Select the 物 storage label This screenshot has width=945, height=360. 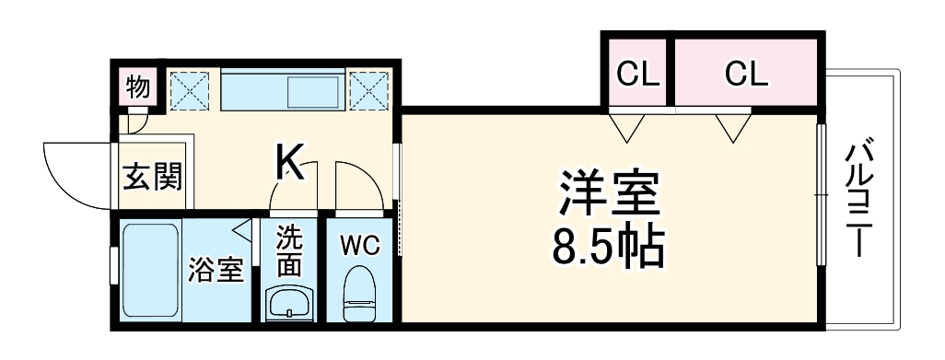point(138,88)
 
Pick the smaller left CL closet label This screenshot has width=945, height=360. point(638,74)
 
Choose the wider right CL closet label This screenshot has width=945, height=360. point(745,74)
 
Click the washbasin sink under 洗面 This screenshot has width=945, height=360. point(289,302)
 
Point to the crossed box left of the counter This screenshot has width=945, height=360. point(192,89)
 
